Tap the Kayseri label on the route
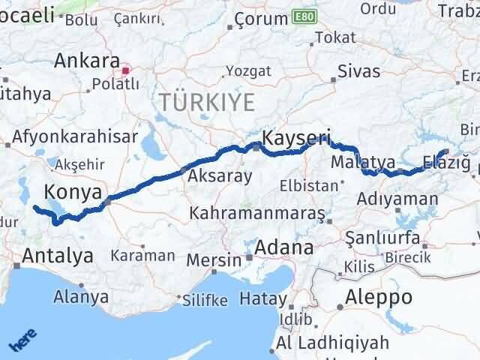(x=296, y=137)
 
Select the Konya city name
(x=73, y=191)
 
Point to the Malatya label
(x=362, y=162)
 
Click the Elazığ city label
(x=445, y=161)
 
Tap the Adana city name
(x=284, y=247)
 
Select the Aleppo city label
(x=378, y=296)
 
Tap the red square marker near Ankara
(x=126, y=71)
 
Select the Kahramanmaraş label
(x=257, y=213)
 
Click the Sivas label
(x=358, y=72)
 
